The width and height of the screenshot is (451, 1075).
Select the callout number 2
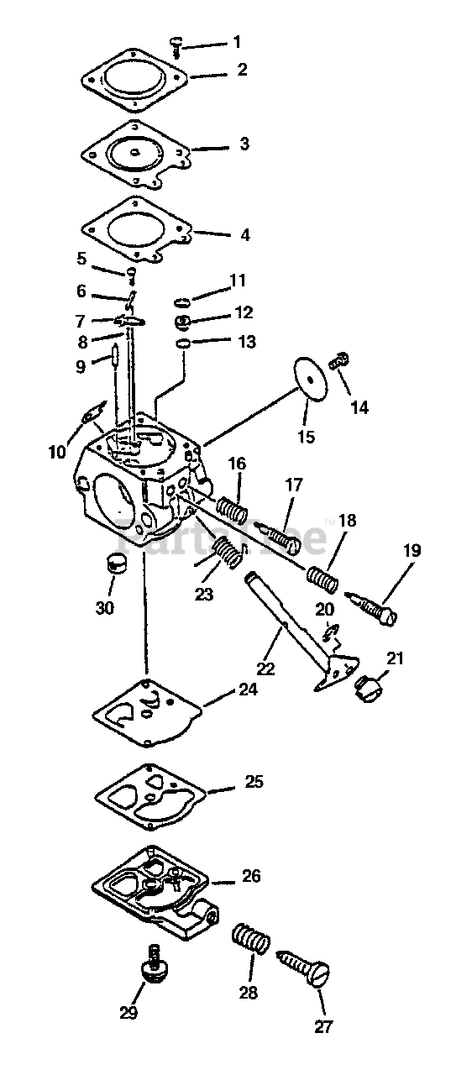(x=242, y=70)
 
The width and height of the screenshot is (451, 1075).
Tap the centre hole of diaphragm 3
(x=136, y=153)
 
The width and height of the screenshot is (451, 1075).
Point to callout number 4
(x=244, y=235)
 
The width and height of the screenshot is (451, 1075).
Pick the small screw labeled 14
(x=339, y=360)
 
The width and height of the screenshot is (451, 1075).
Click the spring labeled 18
(x=323, y=579)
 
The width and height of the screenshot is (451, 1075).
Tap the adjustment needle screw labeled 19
(x=371, y=608)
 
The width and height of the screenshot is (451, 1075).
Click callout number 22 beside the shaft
(x=265, y=668)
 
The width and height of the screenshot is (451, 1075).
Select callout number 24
(x=248, y=690)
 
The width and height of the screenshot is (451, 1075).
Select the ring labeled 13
(x=183, y=343)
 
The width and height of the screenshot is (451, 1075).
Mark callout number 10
(x=57, y=452)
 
